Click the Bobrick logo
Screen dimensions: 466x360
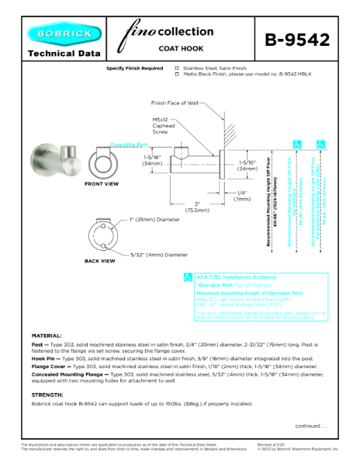click(x=64, y=34)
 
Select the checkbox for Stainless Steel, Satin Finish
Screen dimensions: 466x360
click(x=177, y=68)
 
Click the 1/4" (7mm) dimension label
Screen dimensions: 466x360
click(x=242, y=196)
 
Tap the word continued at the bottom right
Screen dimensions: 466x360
click(x=311, y=425)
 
